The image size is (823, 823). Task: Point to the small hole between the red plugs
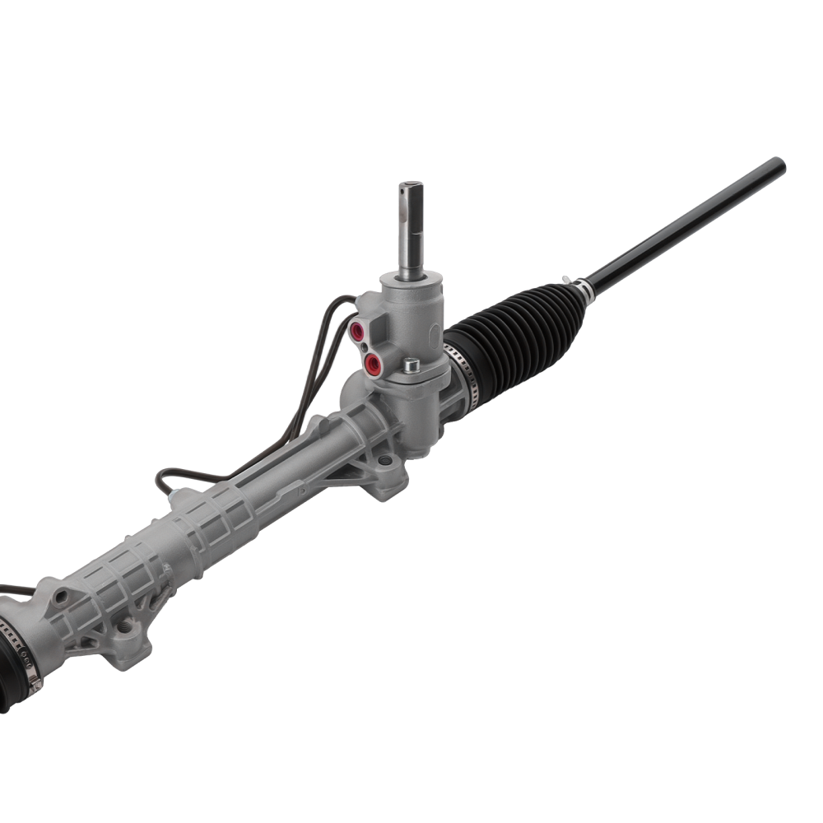(x=365, y=347)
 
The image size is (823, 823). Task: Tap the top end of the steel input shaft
(x=411, y=186)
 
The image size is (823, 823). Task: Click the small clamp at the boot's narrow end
(x=584, y=289)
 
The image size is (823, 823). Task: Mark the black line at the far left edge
(x=12, y=589)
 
